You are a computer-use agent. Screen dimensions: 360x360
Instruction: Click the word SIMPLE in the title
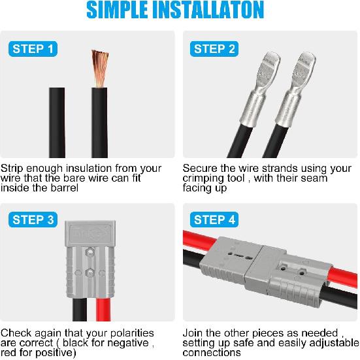120,10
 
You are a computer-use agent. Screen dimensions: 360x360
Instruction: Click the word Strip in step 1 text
13,169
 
